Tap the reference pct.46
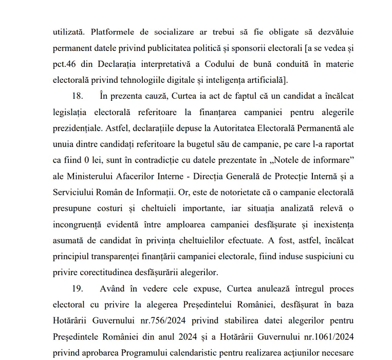(66, 64)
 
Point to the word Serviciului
(76, 192)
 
